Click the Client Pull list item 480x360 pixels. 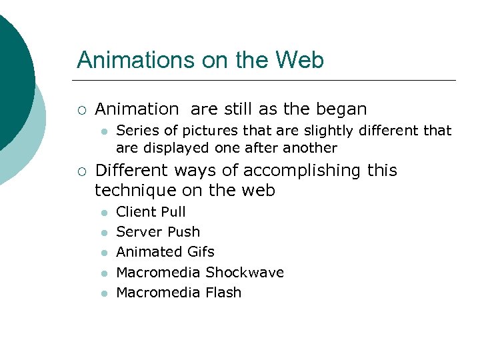(x=151, y=212)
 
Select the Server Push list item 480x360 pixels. (x=158, y=232)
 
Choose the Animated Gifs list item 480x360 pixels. (x=165, y=252)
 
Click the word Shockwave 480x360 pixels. (x=245, y=272)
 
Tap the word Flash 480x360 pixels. (x=223, y=292)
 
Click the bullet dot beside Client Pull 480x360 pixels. (x=103, y=213)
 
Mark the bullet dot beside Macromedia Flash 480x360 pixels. (x=103, y=293)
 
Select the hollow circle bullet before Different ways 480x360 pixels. (x=81, y=171)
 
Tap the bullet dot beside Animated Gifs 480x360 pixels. (x=103, y=253)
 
